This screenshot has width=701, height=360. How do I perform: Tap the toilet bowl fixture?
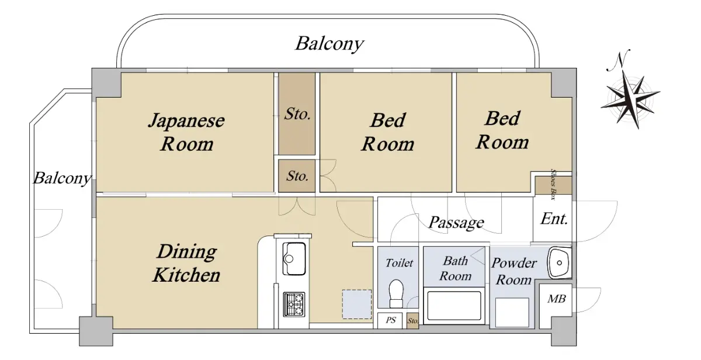[x=397, y=293]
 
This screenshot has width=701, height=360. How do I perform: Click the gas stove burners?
[x=294, y=303]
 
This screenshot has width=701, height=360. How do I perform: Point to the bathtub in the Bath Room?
[x=453, y=305]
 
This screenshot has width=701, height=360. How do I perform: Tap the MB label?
[x=556, y=299]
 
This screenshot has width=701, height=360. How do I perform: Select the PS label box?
[x=390, y=320]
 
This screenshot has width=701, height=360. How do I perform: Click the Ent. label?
[x=554, y=219]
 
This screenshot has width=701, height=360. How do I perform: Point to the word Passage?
[x=456, y=222]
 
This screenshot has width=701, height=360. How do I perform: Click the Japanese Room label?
[x=186, y=132]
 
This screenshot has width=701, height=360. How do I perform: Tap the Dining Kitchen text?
[x=186, y=263]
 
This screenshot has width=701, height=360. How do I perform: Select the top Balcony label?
[x=329, y=44]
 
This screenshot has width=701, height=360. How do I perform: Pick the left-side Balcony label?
[x=61, y=178]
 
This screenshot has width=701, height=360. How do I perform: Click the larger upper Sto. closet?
[x=297, y=114]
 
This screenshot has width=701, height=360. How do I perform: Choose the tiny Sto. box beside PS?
[x=412, y=321]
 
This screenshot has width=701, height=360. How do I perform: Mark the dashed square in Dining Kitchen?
[x=356, y=304]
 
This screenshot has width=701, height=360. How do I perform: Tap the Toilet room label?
[x=399, y=263]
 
